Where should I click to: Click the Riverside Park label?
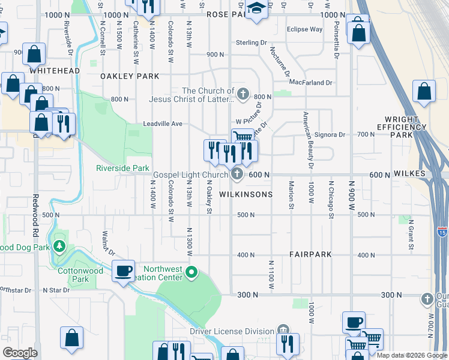point(122,169)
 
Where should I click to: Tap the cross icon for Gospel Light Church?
point(237,175)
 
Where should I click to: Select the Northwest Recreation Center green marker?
point(191,273)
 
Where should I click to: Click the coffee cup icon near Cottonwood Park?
point(124,271)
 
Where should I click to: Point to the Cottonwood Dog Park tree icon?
point(59,247)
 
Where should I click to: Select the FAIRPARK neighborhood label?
point(310,254)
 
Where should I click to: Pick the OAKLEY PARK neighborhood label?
point(130,76)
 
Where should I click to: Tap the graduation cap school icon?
point(256,9)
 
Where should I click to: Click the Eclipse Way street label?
point(304,29)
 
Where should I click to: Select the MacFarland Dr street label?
point(310,82)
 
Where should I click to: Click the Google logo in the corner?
point(20,353)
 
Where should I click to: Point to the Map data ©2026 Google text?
point(411,355)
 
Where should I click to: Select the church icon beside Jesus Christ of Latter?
point(243,94)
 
